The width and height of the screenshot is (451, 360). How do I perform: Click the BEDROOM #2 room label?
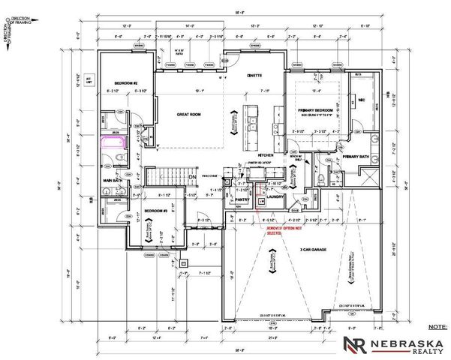[124, 82]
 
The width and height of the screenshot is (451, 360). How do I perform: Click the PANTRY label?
[242, 200]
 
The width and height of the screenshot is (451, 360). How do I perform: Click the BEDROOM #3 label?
[155, 211]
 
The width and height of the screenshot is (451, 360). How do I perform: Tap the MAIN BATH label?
[113, 180]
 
